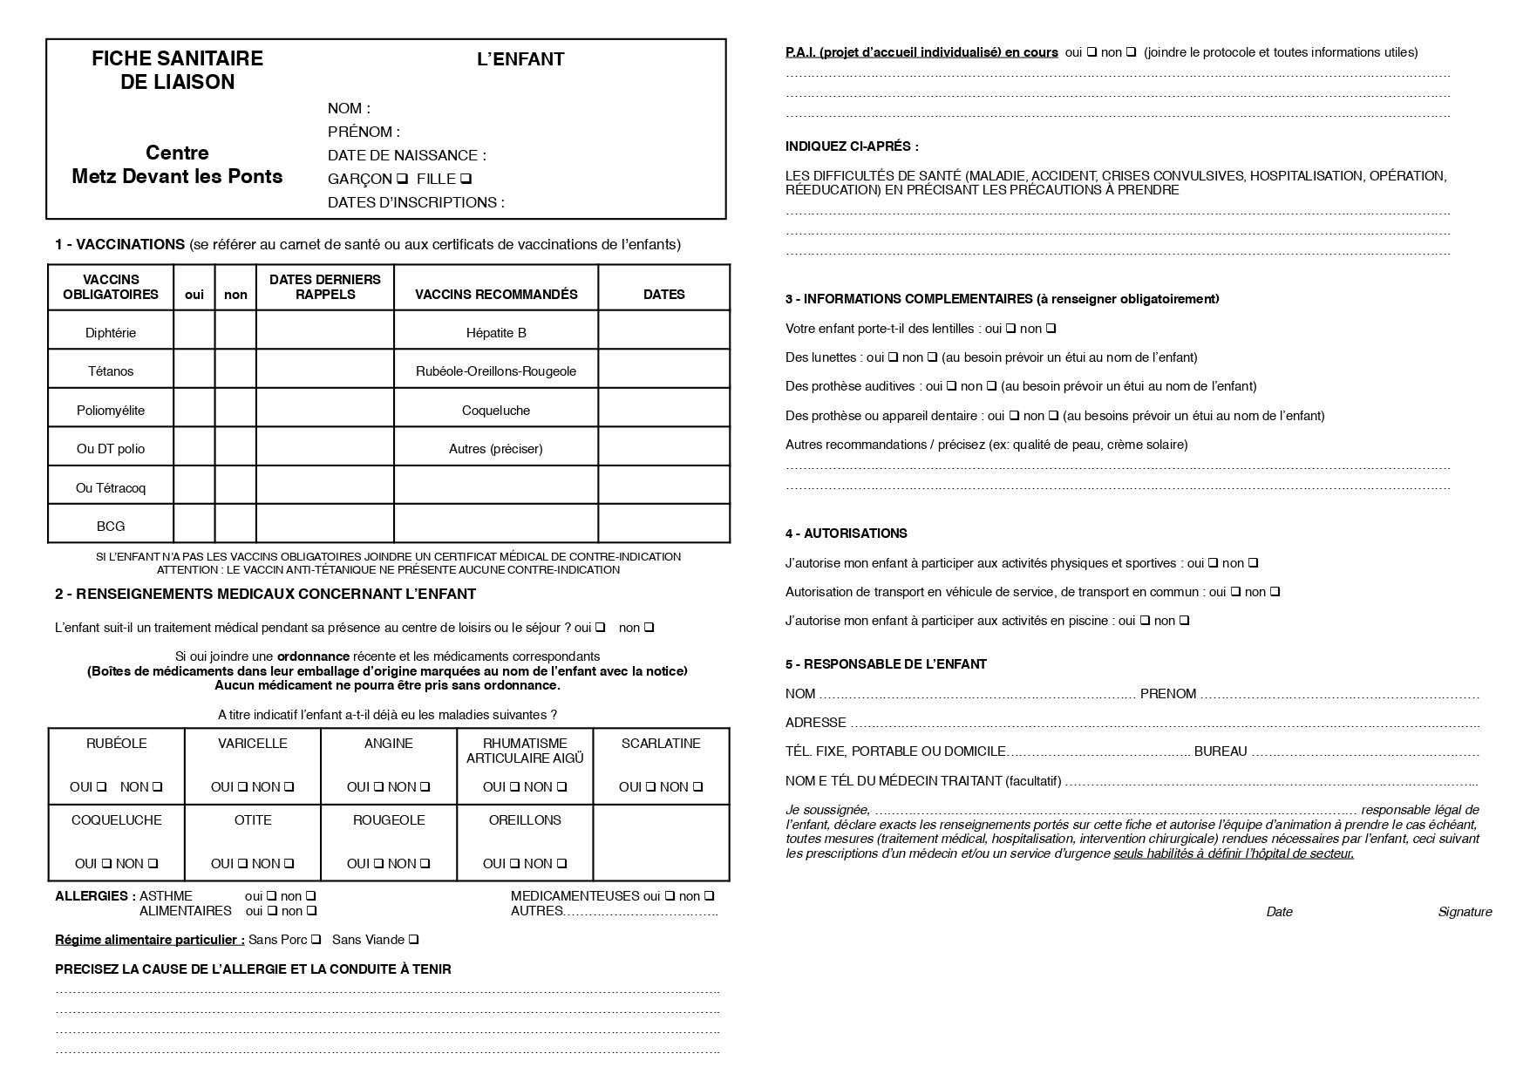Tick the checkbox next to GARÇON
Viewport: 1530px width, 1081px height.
click(x=402, y=180)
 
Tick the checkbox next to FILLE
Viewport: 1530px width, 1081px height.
click(x=466, y=180)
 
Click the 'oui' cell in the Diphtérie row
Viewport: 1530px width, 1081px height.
click(x=194, y=332)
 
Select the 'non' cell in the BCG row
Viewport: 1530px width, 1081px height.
click(x=235, y=526)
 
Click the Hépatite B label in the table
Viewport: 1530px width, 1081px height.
click(x=496, y=333)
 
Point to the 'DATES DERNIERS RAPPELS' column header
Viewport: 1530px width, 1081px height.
click(x=324, y=287)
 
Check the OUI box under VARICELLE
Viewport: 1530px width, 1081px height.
click(x=242, y=787)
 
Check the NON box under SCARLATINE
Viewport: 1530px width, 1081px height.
click(x=697, y=787)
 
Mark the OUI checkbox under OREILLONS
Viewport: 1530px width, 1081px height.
click(x=515, y=864)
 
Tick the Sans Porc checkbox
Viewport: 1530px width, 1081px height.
click(x=316, y=940)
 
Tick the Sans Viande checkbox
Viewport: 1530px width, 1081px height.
click(x=414, y=940)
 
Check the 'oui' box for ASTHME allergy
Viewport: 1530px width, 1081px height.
click(x=271, y=896)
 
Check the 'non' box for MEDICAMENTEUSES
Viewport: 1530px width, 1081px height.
click(x=710, y=896)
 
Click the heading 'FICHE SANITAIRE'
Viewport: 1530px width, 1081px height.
click(x=177, y=58)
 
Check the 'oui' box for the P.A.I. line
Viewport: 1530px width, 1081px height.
click(x=1091, y=52)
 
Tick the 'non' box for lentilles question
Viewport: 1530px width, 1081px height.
click(x=1051, y=329)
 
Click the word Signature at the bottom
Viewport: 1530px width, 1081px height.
click(x=1465, y=912)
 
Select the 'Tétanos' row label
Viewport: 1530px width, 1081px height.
click(x=111, y=371)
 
